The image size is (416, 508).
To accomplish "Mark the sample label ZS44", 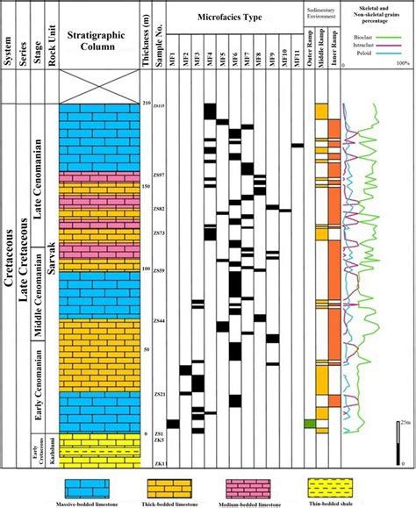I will click(159, 320).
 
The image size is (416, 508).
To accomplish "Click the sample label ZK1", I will click(159, 462).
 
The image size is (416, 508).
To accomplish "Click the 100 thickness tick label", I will click(146, 269).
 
